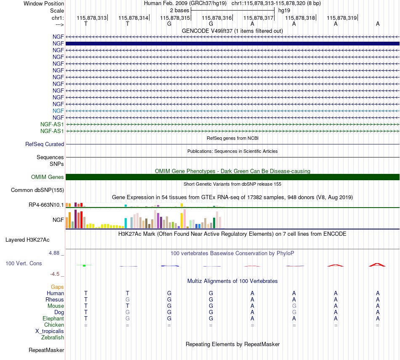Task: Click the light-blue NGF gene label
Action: point(58,111)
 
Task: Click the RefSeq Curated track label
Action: point(45,144)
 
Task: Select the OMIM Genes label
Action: point(48,177)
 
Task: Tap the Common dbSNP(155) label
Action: point(37,190)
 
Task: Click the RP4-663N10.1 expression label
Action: point(46,205)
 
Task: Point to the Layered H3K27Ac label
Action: point(27,240)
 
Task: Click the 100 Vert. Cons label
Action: point(24,263)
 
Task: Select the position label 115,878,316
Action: point(216,18)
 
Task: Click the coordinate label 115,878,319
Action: point(341,18)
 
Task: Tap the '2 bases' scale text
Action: point(180,11)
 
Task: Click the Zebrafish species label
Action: point(53,337)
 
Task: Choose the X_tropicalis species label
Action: point(50,331)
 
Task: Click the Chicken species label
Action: point(54,325)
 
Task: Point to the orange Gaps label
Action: point(57,287)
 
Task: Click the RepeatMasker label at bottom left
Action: point(46,350)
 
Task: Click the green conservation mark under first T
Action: point(84,266)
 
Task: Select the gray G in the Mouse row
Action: point(294,306)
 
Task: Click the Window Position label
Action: point(44,3)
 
